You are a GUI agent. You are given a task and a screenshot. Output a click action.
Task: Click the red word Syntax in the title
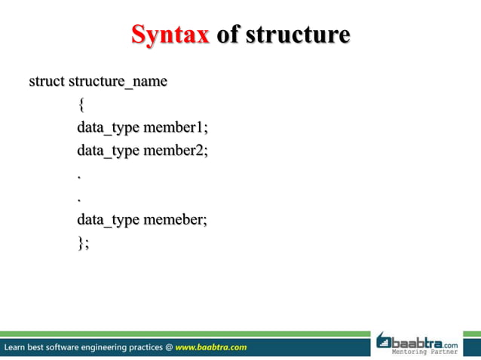170,35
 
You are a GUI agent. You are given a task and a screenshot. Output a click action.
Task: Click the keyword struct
47,81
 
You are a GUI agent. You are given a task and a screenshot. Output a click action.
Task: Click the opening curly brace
81,104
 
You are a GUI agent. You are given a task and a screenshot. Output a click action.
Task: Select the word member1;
181,127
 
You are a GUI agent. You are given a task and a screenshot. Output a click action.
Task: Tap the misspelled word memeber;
181,220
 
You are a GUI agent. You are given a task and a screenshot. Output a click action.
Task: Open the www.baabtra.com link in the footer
211,347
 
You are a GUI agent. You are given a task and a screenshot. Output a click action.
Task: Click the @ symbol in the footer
169,347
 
